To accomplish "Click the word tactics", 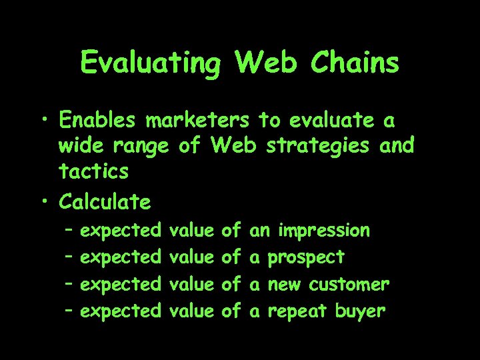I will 93,171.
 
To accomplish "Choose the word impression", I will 324,231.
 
